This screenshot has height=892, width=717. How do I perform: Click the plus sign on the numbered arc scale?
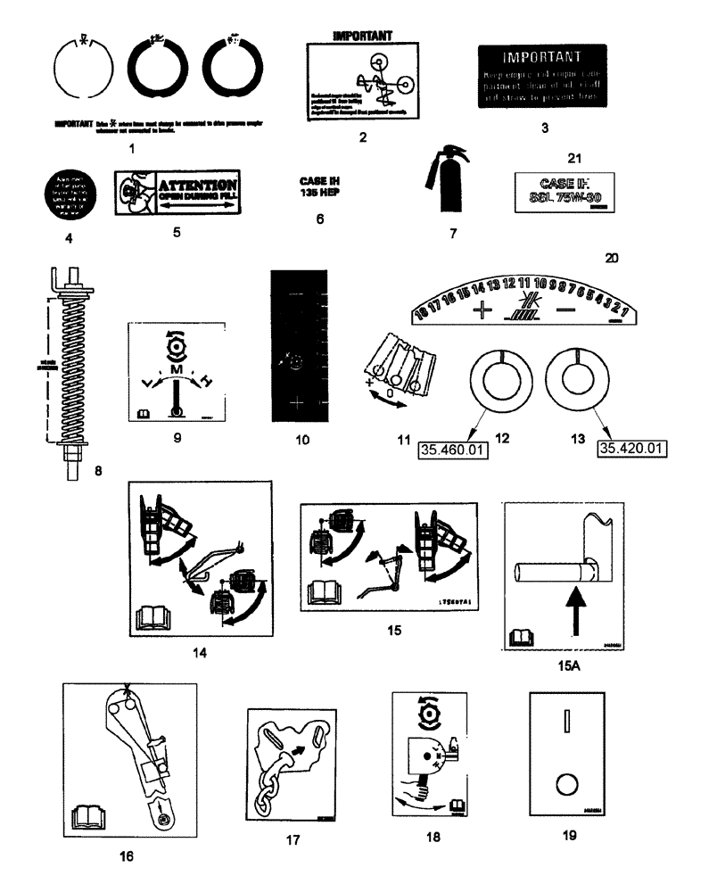(484, 310)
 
